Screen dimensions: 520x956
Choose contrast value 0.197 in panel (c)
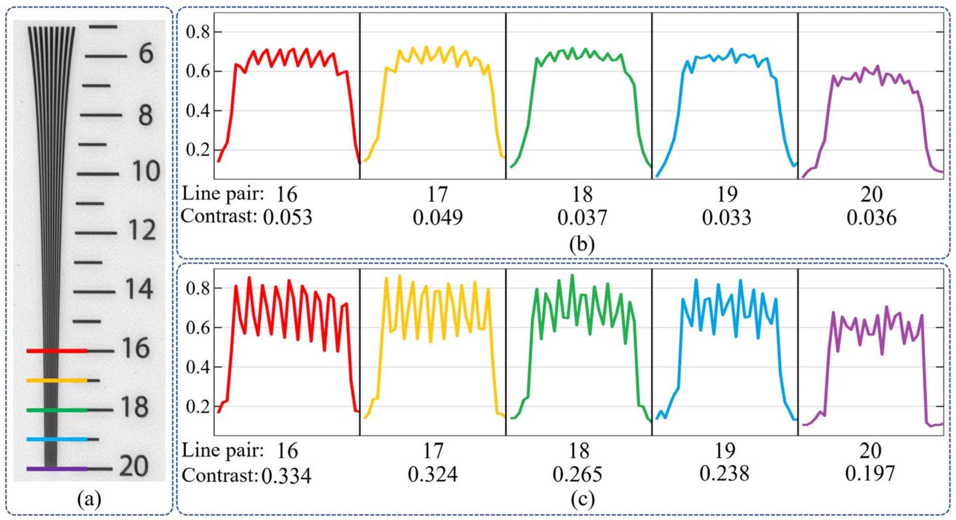pyautogui.click(x=870, y=473)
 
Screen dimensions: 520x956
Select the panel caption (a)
pyautogui.click(x=89, y=500)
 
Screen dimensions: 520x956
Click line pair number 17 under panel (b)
pyautogui.click(x=438, y=194)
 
